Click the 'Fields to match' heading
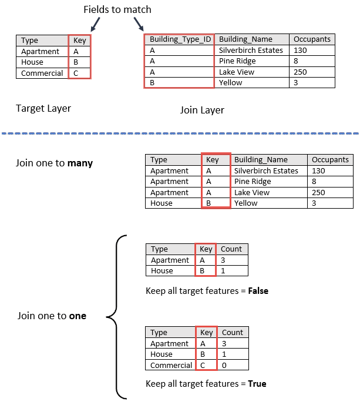117,9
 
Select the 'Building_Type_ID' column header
180,39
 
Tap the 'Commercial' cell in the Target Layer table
42,73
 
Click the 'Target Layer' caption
43,108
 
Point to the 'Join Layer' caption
201,110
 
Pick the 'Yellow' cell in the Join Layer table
231,83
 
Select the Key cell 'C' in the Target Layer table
76,73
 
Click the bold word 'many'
80,163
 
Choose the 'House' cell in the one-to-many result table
162,203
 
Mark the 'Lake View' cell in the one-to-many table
252,192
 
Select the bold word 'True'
256,384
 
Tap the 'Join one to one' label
52,316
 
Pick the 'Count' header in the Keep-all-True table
233,333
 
